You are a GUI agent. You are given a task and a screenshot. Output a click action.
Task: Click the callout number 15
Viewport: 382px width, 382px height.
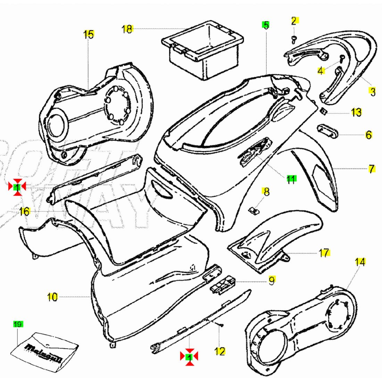pyautogui.click(x=89, y=34)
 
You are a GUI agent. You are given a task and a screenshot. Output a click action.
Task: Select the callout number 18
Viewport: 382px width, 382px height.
pyautogui.click(x=127, y=29)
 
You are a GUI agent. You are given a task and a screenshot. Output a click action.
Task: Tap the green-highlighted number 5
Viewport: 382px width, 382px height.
pyautogui.click(x=266, y=25)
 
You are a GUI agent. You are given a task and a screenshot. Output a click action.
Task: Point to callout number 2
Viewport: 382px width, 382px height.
pyautogui.click(x=294, y=21)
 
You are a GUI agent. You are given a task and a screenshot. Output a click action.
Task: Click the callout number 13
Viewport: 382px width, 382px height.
pyautogui.click(x=356, y=112)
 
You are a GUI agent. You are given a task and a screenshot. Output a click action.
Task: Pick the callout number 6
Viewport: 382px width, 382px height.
pyautogui.click(x=368, y=135)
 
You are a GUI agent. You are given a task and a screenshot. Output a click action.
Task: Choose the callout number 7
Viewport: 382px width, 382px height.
pyautogui.click(x=372, y=169)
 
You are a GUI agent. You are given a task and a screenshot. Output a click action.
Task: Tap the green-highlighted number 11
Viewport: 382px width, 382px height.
pyautogui.click(x=291, y=179)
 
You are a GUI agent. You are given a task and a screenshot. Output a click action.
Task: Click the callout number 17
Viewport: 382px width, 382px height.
pyautogui.click(x=324, y=252)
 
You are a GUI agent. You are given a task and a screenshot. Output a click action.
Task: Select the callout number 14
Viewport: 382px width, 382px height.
pyautogui.click(x=360, y=262)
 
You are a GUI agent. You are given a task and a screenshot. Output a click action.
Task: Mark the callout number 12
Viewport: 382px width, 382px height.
pyautogui.click(x=220, y=351)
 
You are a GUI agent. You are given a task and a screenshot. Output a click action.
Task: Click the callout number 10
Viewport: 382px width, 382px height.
pyautogui.click(x=52, y=297)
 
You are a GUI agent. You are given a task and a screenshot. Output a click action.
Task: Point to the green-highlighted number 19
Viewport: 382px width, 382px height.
pyautogui.click(x=18, y=324)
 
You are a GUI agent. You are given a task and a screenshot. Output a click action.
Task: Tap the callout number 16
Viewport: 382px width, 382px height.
pyautogui.click(x=24, y=211)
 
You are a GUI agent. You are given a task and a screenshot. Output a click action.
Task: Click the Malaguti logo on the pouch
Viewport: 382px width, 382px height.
pyautogui.click(x=44, y=349)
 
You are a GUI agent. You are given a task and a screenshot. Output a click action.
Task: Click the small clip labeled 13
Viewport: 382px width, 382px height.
pyautogui.click(x=323, y=111)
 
